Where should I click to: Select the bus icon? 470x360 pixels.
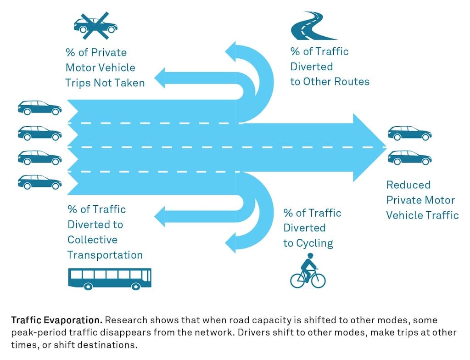(110, 279)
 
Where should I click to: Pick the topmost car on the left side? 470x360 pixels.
(39, 108)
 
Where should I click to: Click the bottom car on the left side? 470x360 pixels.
(39, 182)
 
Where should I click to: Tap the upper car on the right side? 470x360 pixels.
(409, 133)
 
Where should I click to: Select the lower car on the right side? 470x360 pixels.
(409, 158)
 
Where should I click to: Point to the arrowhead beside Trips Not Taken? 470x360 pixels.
(160, 78)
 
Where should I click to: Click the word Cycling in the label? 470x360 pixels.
(314, 243)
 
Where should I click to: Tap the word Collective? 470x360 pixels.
(92, 240)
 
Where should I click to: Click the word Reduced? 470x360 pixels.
(408, 185)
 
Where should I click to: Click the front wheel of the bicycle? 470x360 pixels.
(318, 280)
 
